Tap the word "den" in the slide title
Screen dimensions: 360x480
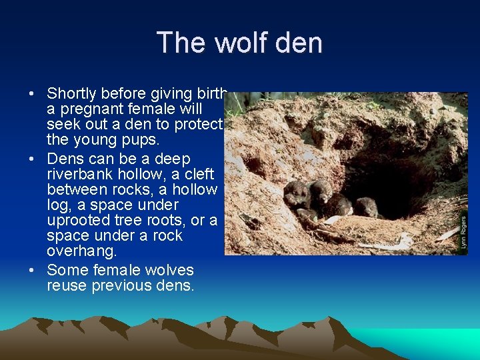point(299,43)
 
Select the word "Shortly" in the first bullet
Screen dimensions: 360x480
point(72,93)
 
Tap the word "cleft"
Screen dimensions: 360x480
point(199,174)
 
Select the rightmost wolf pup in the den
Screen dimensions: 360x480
point(365,207)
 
